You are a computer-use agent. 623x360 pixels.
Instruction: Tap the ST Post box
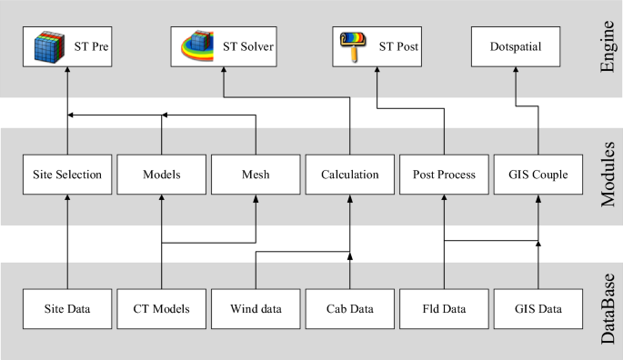(377, 45)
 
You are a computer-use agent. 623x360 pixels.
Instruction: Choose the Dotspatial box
(516, 45)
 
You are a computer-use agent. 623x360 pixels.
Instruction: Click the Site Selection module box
(68, 175)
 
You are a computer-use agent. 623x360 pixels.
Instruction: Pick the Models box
(162, 175)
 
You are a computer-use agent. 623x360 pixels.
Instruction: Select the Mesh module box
(256, 175)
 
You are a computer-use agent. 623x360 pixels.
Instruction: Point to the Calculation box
(349, 175)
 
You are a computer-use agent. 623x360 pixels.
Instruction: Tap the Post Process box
(444, 175)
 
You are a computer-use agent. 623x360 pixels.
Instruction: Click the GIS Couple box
(538, 175)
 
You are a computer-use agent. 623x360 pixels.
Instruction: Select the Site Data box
(68, 309)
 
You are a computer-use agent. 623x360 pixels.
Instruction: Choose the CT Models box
(162, 309)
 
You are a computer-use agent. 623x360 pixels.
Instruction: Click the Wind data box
(256, 309)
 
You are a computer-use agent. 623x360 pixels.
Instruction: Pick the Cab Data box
(349, 309)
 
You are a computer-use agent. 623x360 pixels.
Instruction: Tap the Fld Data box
(444, 309)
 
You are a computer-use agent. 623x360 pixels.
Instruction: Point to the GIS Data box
(538, 309)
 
